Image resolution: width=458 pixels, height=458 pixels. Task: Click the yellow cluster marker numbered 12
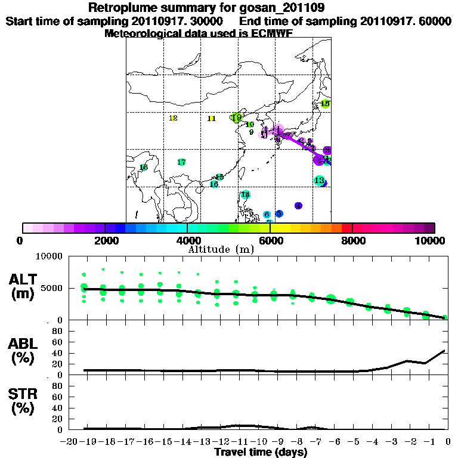click(174, 118)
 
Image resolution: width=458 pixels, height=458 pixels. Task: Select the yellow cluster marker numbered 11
click(211, 119)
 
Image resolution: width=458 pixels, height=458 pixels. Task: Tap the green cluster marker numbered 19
click(237, 117)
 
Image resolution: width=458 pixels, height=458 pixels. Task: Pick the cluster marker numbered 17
click(182, 162)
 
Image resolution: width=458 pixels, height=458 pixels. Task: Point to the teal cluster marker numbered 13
click(319, 180)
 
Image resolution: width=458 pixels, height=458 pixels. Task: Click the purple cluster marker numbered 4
click(298, 206)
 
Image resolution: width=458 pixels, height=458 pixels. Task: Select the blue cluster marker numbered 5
click(279, 213)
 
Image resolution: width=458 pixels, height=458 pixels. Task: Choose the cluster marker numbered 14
click(245, 194)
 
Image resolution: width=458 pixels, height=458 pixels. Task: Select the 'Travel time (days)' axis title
click(261, 453)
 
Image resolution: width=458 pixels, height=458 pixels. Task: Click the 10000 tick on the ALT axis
click(50, 256)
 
